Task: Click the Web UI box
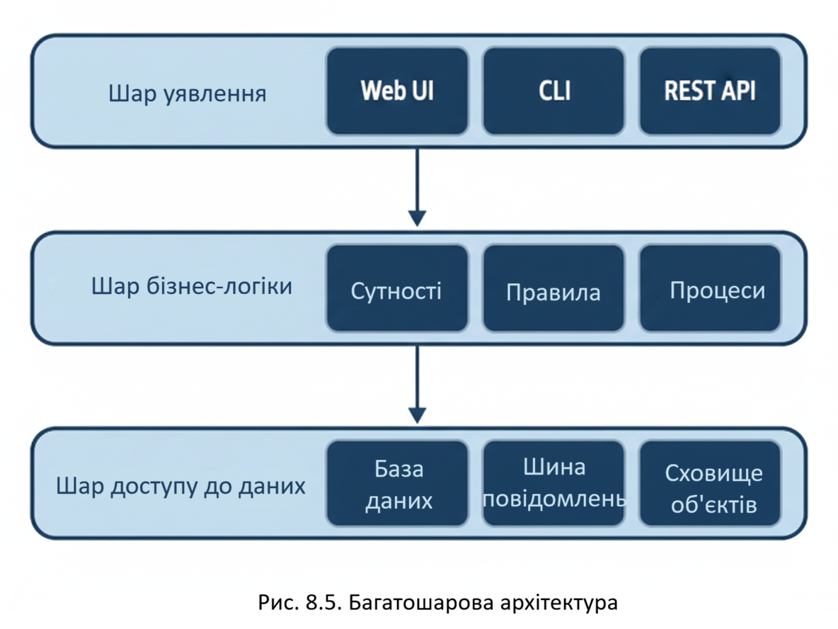coord(397,91)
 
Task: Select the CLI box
coord(553,91)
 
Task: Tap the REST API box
coord(710,91)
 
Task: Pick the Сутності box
coord(397,289)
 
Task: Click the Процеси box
coord(710,289)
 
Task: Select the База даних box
coord(397,484)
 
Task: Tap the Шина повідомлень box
coord(553,484)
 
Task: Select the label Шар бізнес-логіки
coord(192,287)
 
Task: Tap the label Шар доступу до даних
coord(181,487)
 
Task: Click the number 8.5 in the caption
coord(319,603)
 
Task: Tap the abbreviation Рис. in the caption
coord(277,603)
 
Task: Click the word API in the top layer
coord(736,91)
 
